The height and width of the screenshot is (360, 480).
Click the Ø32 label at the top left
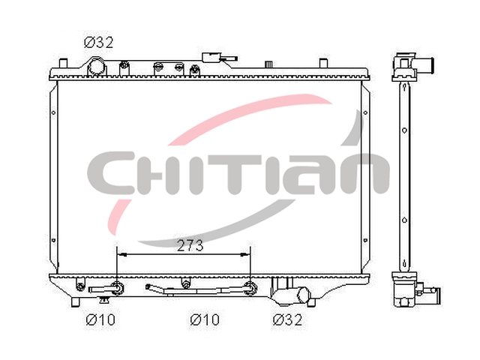pos(98,43)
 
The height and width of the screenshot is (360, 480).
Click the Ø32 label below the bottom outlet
pos(287,320)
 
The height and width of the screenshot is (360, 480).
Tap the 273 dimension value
pos(190,245)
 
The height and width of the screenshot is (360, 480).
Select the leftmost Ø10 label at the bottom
pos(100,320)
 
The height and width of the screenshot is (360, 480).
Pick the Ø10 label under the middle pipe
pos(205,320)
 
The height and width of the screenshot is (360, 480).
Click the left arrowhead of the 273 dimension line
pos(121,254)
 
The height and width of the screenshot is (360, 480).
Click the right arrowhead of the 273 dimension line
pos(245,254)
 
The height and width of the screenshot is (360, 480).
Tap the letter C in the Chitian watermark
pos(112,173)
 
